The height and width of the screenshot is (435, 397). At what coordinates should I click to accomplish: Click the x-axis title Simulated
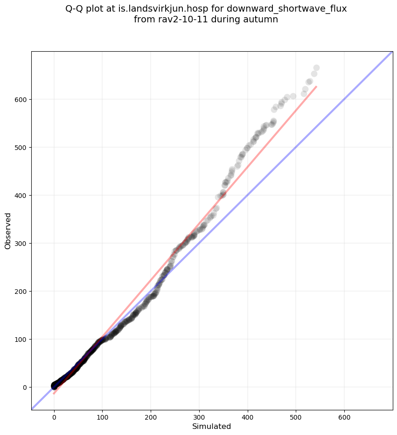point(212,426)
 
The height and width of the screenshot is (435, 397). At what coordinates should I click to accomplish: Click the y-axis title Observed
point(8,231)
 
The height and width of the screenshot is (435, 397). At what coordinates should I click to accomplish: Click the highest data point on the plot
point(316,68)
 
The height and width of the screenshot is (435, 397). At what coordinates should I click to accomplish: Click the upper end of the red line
point(316,87)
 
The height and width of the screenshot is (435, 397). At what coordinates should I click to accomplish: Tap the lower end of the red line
point(54,394)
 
